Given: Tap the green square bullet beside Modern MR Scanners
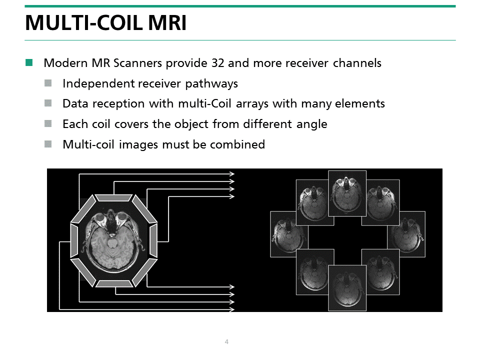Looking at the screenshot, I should point(29,63).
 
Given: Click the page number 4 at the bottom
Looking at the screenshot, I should point(226,342).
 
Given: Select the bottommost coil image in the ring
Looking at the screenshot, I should point(347,287).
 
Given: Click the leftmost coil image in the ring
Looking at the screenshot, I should point(289,234).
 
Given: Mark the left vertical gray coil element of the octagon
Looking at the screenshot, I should point(74,241).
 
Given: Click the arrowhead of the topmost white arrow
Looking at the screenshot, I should point(232,173).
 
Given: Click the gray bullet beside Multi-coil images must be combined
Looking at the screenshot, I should point(48,144).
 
